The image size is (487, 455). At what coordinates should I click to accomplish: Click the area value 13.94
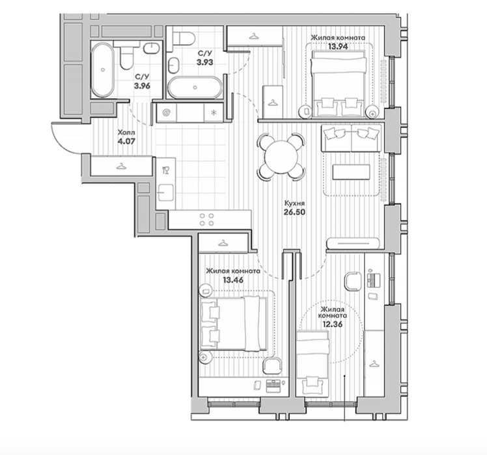[x=338, y=47]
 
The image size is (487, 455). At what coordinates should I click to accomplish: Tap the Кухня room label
[x=295, y=203]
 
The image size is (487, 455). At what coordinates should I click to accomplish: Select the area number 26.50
[x=294, y=212]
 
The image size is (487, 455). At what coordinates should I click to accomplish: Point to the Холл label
[x=126, y=133]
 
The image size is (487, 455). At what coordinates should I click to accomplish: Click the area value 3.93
[x=204, y=62]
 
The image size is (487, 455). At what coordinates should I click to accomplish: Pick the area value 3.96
[x=142, y=86]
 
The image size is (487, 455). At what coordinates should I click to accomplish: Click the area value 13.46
[x=233, y=280]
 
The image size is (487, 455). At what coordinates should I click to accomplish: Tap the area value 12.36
[x=332, y=324]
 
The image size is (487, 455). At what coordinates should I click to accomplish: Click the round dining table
[x=281, y=157]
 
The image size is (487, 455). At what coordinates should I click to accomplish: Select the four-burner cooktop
[x=206, y=219]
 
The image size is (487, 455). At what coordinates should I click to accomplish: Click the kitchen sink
[x=165, y=192]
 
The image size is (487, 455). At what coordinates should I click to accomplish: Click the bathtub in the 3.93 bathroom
[x=195, y=88]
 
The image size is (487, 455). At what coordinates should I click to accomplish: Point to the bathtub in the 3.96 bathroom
[x=103, y=70]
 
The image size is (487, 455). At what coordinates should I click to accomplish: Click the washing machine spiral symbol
[x=167, y=112]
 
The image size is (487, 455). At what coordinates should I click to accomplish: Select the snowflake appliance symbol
[x=214, y=112]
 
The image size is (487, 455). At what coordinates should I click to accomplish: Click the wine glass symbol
[x=165, y=170]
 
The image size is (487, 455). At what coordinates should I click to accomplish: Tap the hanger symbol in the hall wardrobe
[x=121, y=167]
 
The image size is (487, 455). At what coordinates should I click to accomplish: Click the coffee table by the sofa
[x=352, y=172]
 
